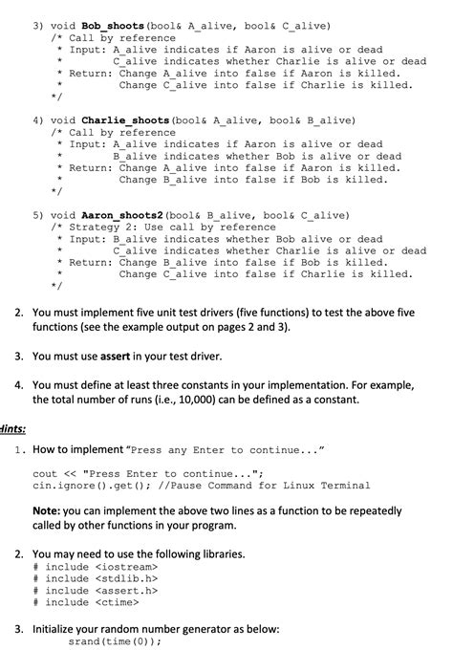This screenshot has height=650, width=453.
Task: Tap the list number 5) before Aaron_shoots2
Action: pos(38,215)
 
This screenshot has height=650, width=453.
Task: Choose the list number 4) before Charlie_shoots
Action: pos(38,121)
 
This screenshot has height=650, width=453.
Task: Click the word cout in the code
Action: pos(45,473)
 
